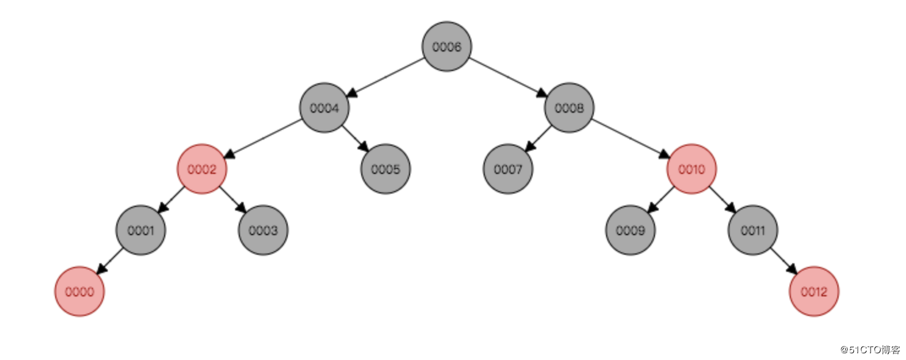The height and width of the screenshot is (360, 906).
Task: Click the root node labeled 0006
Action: pyautogui.click(x=447, y=47)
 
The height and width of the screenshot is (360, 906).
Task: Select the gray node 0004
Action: pyautogui.click(x=324, y=108)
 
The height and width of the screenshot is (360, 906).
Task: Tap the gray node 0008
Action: pyautogui.click(x=569, y=108)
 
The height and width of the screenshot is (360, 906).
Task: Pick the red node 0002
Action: pyautogui.click(x=202, y=169)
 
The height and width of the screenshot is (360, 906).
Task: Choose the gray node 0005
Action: pyautogui.click(x=386, y=169)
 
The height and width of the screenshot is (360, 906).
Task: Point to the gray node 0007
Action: pyautogui.click(x=508, y=169)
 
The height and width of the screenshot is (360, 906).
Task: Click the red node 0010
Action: pyautogui.click(x=692, y=169)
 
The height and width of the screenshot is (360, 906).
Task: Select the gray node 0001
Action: pyautogui.click(x=141, y=230)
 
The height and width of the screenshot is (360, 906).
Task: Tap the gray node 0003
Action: pyautogui.click(x=263, y=230)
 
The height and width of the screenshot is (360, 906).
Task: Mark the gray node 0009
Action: pyautogui.click(x=631, y=230)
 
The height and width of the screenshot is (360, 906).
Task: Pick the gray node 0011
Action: pyautogui.click(x=753, y=230)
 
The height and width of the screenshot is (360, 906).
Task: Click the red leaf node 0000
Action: pyautogui.click(x=80, y=291)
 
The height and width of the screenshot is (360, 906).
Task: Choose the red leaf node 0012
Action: pyautogui.click(x=814, y=291)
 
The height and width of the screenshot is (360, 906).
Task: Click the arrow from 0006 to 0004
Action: pyautogui.click(x=386, y=77)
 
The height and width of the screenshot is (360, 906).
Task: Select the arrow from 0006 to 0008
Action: pyautogui.click(x=509, y=77)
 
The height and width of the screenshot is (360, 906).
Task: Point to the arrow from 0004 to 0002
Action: pyautogui.click(x=263, y=138)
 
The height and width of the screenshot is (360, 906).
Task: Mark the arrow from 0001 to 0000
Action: pyautogui.click(x=110, y=261)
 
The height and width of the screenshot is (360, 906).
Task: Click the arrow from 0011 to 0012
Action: pyautogui.click(x=784, y=261)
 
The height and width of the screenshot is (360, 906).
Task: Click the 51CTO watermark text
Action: pyautogui.click(x=870, y=350)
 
